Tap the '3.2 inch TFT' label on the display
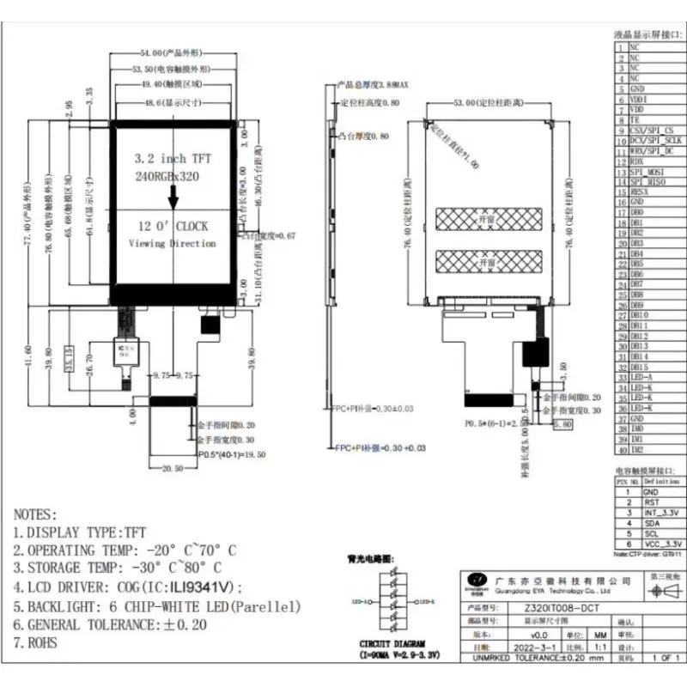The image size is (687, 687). pos(173,159)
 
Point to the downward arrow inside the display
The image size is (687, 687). pos(173,198)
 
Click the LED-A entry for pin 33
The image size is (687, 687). pos(641,377)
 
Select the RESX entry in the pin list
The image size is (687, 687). pos(641,192)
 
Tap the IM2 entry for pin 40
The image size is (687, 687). pos(637,449)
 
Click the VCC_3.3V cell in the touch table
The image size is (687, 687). pos(664,544)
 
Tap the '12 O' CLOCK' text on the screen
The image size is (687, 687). pos(173,227)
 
